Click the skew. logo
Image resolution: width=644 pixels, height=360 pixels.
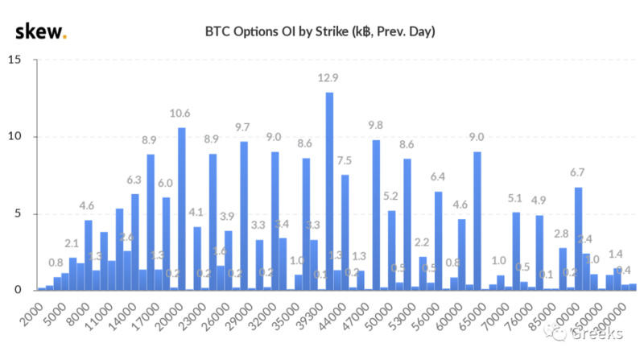pos(41,31)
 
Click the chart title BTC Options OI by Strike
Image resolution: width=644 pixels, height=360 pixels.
pos(321,31)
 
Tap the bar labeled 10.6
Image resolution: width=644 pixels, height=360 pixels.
pos(181,209)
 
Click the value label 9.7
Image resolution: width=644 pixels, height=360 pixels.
pos(243,127)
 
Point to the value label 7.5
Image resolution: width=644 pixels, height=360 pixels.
pos(345,160)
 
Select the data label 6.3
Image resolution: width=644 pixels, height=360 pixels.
pos(134,180)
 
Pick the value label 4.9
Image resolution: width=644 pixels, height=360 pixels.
pos(539,201)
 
